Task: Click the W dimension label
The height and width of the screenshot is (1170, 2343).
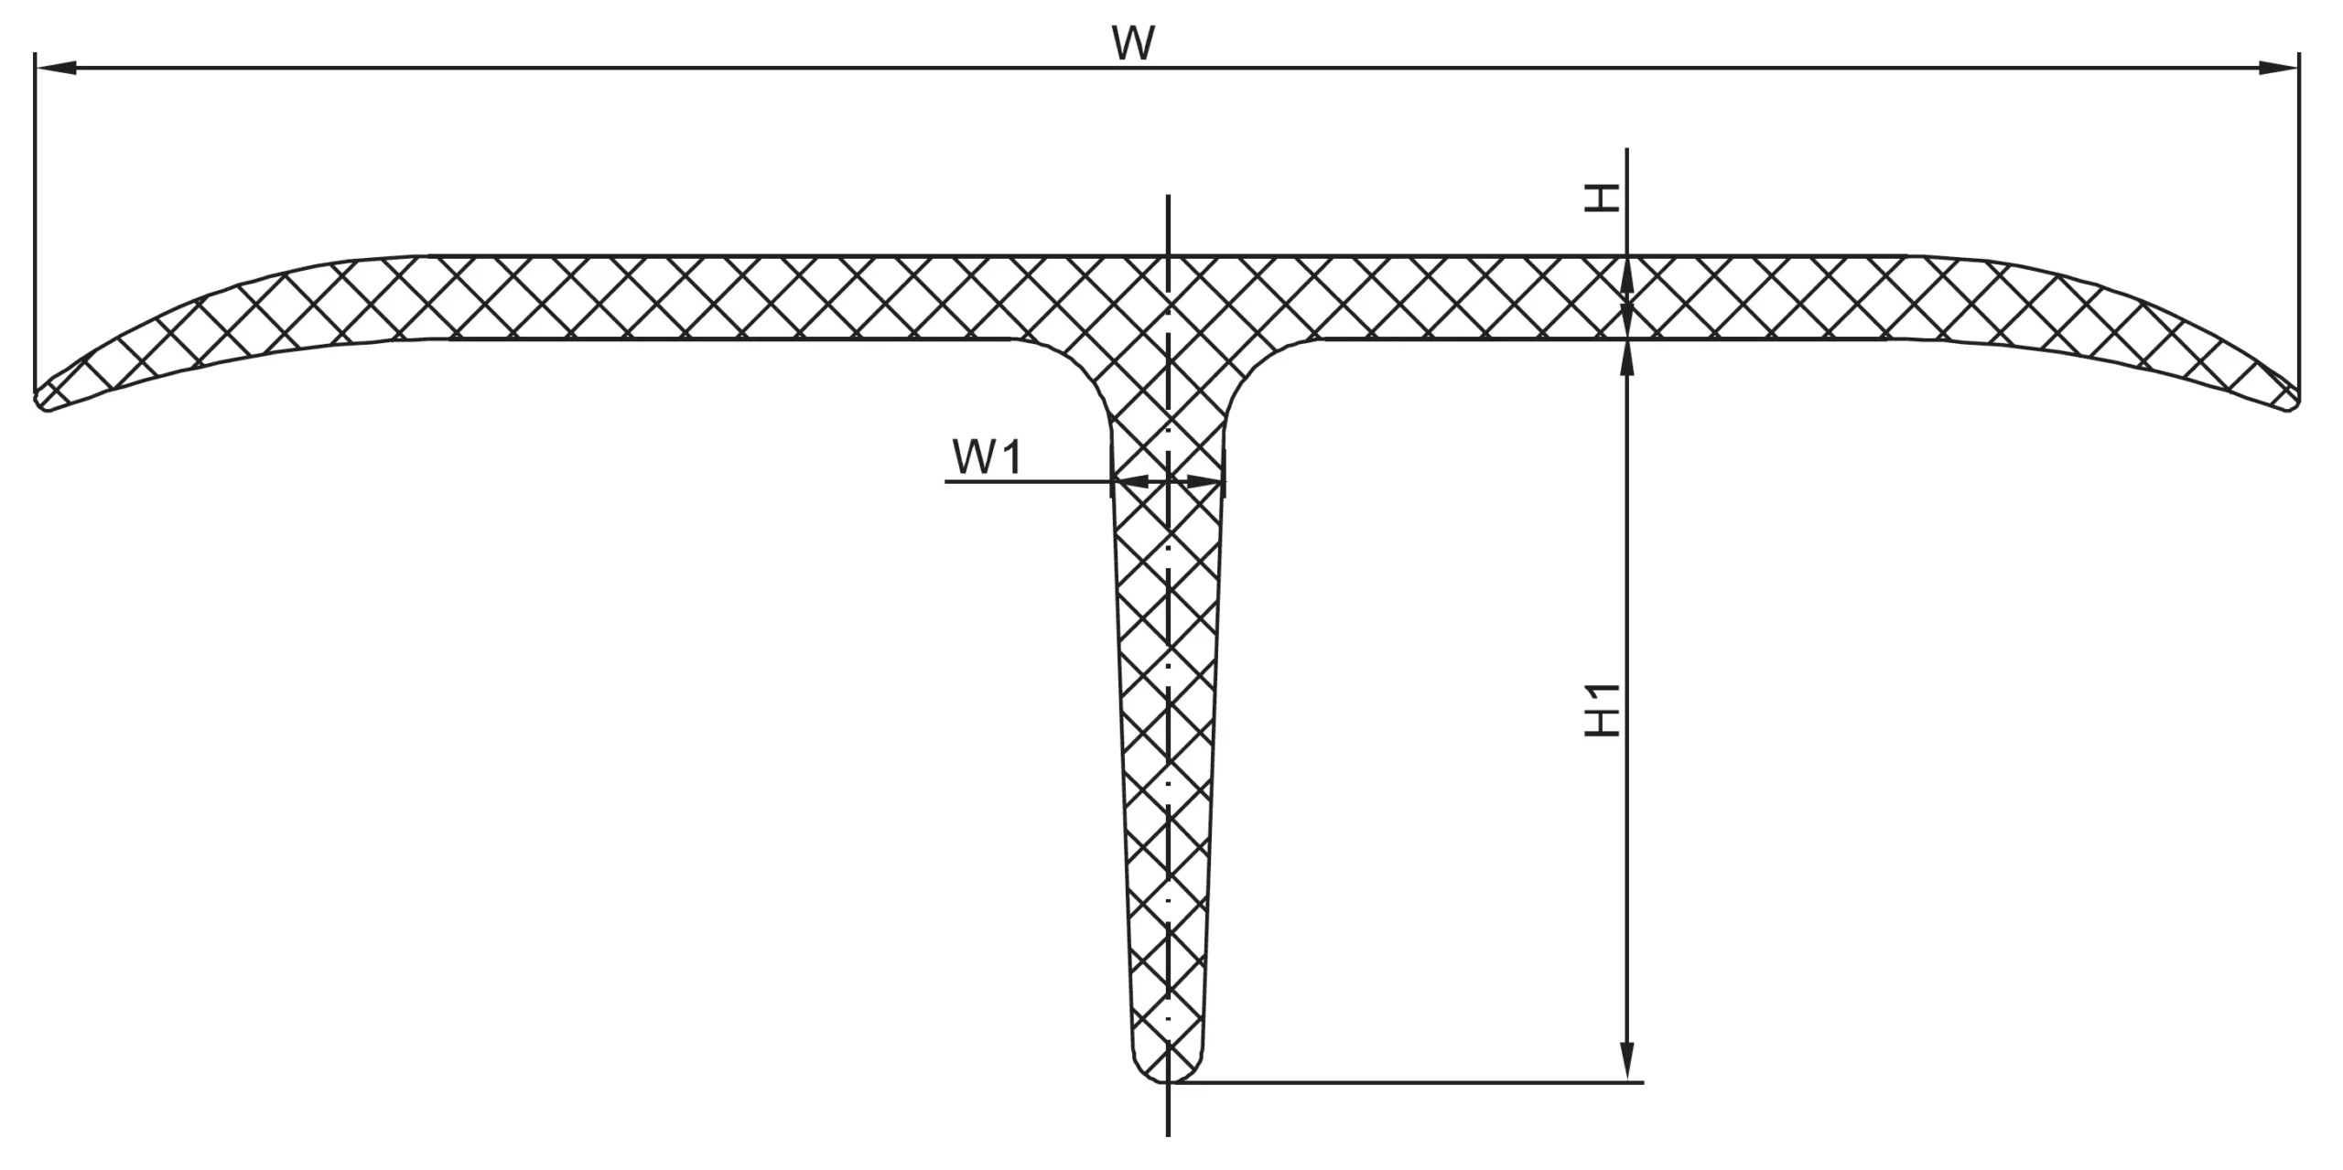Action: pos(1134,43)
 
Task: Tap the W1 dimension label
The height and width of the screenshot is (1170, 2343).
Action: pos(986,457)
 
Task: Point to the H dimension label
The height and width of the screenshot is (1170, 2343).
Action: pos(1602,199)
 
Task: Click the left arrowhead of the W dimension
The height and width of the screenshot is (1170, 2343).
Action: pos(55,68)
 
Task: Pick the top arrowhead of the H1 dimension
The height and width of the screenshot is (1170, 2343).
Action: pos(1626,359)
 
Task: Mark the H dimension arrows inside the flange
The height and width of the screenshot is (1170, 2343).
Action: pos(1626,298)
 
